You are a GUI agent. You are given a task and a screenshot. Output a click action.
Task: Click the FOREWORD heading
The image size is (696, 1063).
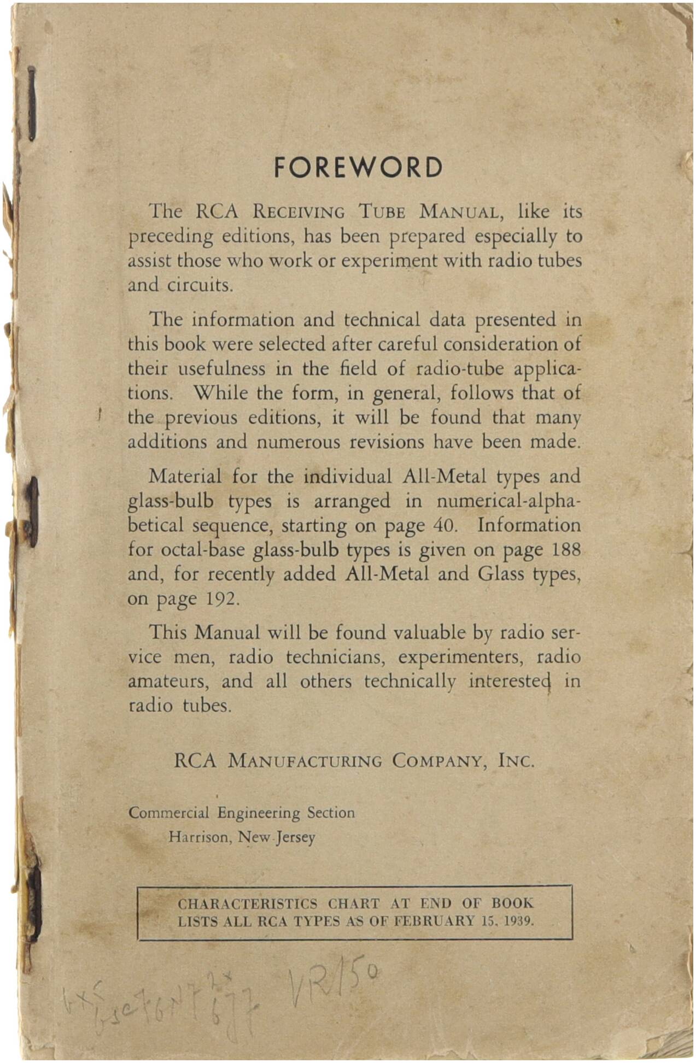pyautogui.click(x=358, y=167)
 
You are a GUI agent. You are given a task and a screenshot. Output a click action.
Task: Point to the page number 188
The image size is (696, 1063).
pyautogui.click(x=566, y=549)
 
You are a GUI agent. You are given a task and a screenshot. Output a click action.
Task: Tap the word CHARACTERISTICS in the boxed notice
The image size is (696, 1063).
pyautogui.click(x=248, y=903)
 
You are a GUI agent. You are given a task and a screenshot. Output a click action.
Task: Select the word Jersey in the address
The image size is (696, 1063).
pyautogui.click(x=296, y=837)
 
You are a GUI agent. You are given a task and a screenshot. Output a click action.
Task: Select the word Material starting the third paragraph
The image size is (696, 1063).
pyautogui.click(x=185, y=477)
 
